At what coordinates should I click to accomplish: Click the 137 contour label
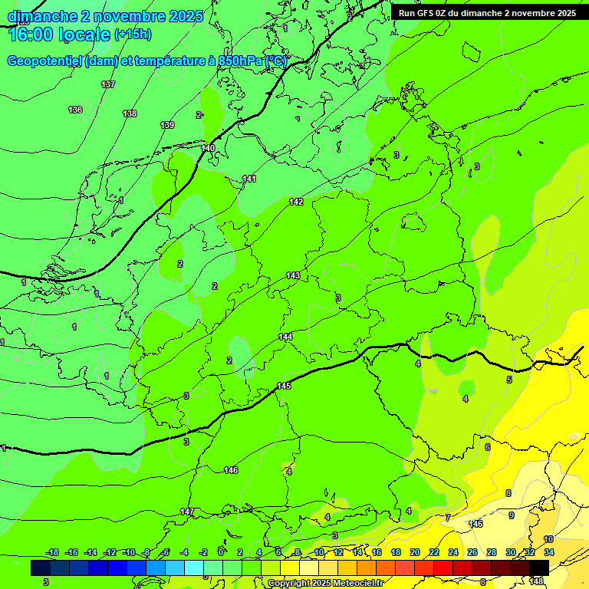[108, 84]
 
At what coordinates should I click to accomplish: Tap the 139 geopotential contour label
[167, 125]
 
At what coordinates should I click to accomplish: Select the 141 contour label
[249, 179]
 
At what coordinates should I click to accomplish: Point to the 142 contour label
[296, 202]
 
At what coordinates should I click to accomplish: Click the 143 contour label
[293, 275]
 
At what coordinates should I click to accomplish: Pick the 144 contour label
[285, 337]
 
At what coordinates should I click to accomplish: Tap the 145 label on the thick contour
[284, 386]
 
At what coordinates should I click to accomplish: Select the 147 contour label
[187, 512]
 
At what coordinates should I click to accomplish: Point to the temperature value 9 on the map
[511, 515]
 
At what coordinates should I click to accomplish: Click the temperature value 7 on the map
[448, 518]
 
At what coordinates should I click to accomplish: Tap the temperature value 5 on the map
[508, 380]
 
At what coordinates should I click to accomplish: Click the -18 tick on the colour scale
[52, 552]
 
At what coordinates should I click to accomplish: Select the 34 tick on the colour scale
[549, 552]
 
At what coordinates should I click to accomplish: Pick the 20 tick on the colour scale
[415, 552]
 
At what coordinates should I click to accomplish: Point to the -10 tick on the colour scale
[129, 552]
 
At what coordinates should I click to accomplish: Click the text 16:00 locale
[59, 34]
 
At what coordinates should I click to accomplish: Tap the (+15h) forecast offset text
[133, 34]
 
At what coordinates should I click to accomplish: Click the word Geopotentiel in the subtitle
[44, 61]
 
